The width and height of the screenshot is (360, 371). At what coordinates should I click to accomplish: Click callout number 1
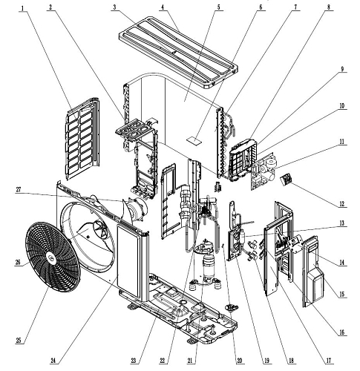[22, 8]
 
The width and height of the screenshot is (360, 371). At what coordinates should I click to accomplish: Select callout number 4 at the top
[163, 7]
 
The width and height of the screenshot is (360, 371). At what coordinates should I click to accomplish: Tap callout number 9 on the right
[342, 69]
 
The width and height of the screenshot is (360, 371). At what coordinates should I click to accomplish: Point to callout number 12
[341, 204]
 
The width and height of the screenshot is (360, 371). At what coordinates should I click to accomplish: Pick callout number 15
[341, 295]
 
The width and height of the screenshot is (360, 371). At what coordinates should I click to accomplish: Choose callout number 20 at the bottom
[239, 361]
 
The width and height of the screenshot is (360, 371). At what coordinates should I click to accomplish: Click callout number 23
[134, 361]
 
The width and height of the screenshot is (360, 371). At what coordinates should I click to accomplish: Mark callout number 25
[19, 341]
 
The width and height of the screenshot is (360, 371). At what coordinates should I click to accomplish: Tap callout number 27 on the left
[19, 190]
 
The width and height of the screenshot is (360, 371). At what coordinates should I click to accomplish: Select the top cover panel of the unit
[178, 53]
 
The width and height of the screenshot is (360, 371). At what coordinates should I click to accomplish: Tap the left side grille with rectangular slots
[82, 139]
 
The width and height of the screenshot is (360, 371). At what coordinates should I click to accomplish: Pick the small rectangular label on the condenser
[194, 140]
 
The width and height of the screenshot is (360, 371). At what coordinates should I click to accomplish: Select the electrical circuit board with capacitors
[264, 171]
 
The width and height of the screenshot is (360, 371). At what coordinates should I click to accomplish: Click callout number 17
[329, 361]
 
